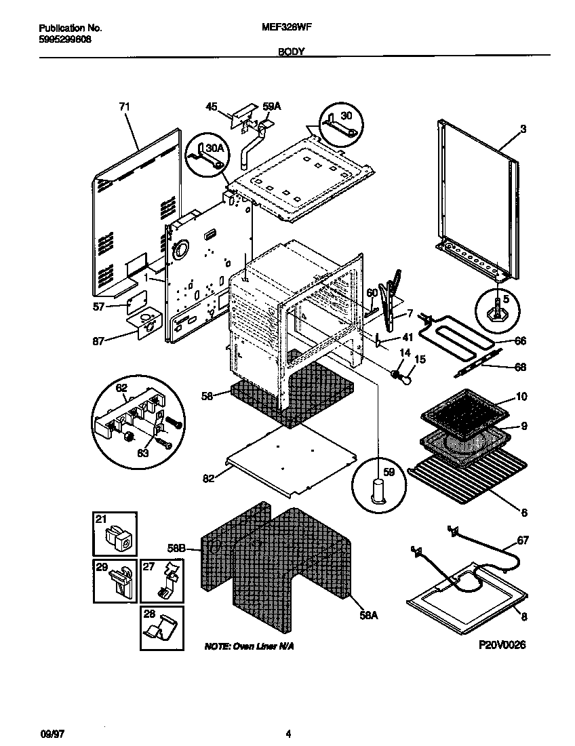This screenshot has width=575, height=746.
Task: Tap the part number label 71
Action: pos(124,106)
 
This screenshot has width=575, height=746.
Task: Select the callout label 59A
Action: pos(271,106)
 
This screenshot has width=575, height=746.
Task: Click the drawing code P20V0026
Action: pos(501,645)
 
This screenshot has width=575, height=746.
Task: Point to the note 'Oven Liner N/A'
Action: pos(249,648)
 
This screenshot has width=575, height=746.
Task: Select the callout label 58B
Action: pos(176,547)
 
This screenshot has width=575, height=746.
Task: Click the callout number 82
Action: pos(207,478)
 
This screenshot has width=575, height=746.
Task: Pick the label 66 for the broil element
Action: pos(521,341)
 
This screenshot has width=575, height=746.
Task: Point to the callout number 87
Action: pos(99,341)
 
